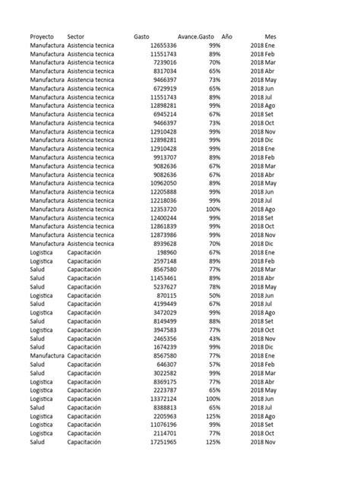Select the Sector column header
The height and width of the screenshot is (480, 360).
pyautogui.click(x=76, y=36)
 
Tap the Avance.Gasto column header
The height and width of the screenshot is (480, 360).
pyautogui.click(x=196, y=36)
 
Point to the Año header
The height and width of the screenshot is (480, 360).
pyautogui.click(x=227, y=36)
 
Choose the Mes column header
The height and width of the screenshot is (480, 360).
pyautogui.click(x=270, y=36)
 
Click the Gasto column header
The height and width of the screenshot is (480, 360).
pyautogui.click(x=141, y=36)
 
